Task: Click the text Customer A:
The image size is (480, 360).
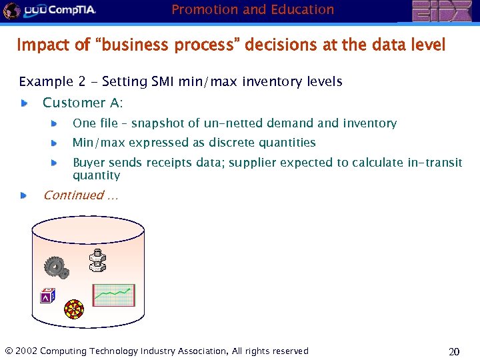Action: click(83, 103)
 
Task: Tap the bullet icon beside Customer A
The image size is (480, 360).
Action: click(24, 103)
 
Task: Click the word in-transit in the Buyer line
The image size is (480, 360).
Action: click(435, 163)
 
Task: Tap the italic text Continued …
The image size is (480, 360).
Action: click(81, 195)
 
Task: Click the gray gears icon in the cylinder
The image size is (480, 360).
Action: click(56, 267)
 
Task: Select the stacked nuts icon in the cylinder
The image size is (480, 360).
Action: click(98, 261)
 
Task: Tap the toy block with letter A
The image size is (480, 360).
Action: click(47, 295)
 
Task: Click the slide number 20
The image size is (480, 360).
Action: click(454, 351)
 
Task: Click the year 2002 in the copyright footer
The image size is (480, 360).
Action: click(26, 351)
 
